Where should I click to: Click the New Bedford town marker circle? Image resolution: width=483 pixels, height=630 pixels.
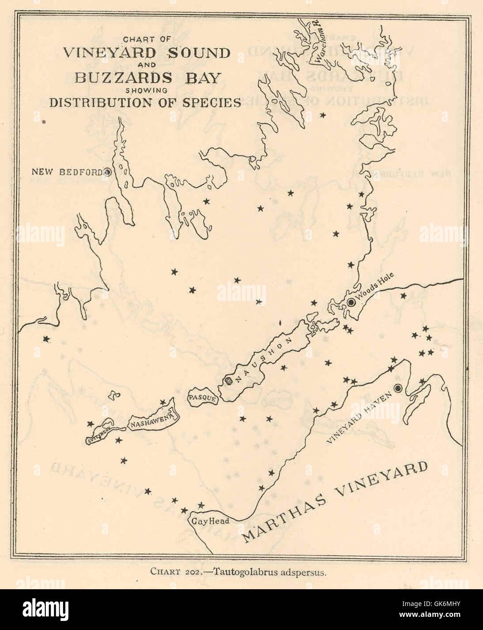[x=107, y=172]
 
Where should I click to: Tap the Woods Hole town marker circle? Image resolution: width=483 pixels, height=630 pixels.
[x=351, y=302]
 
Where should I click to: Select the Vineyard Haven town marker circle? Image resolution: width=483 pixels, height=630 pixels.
[x=398, y=388]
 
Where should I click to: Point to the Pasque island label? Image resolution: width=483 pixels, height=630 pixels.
[x=202, y=398]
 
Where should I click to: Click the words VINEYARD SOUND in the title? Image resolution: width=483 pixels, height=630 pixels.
[x=147, y=53]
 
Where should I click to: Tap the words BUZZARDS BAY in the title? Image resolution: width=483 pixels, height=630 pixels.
[x=147, y=78]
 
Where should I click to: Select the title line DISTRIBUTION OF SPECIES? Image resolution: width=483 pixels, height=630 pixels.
[x=145, y=102]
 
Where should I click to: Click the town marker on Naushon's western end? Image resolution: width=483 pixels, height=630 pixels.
[x=229, y=381]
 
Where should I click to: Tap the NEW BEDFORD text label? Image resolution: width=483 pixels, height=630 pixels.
[x=67, y=172]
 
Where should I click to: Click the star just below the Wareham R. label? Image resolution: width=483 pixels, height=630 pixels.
[x=323, y=115]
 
